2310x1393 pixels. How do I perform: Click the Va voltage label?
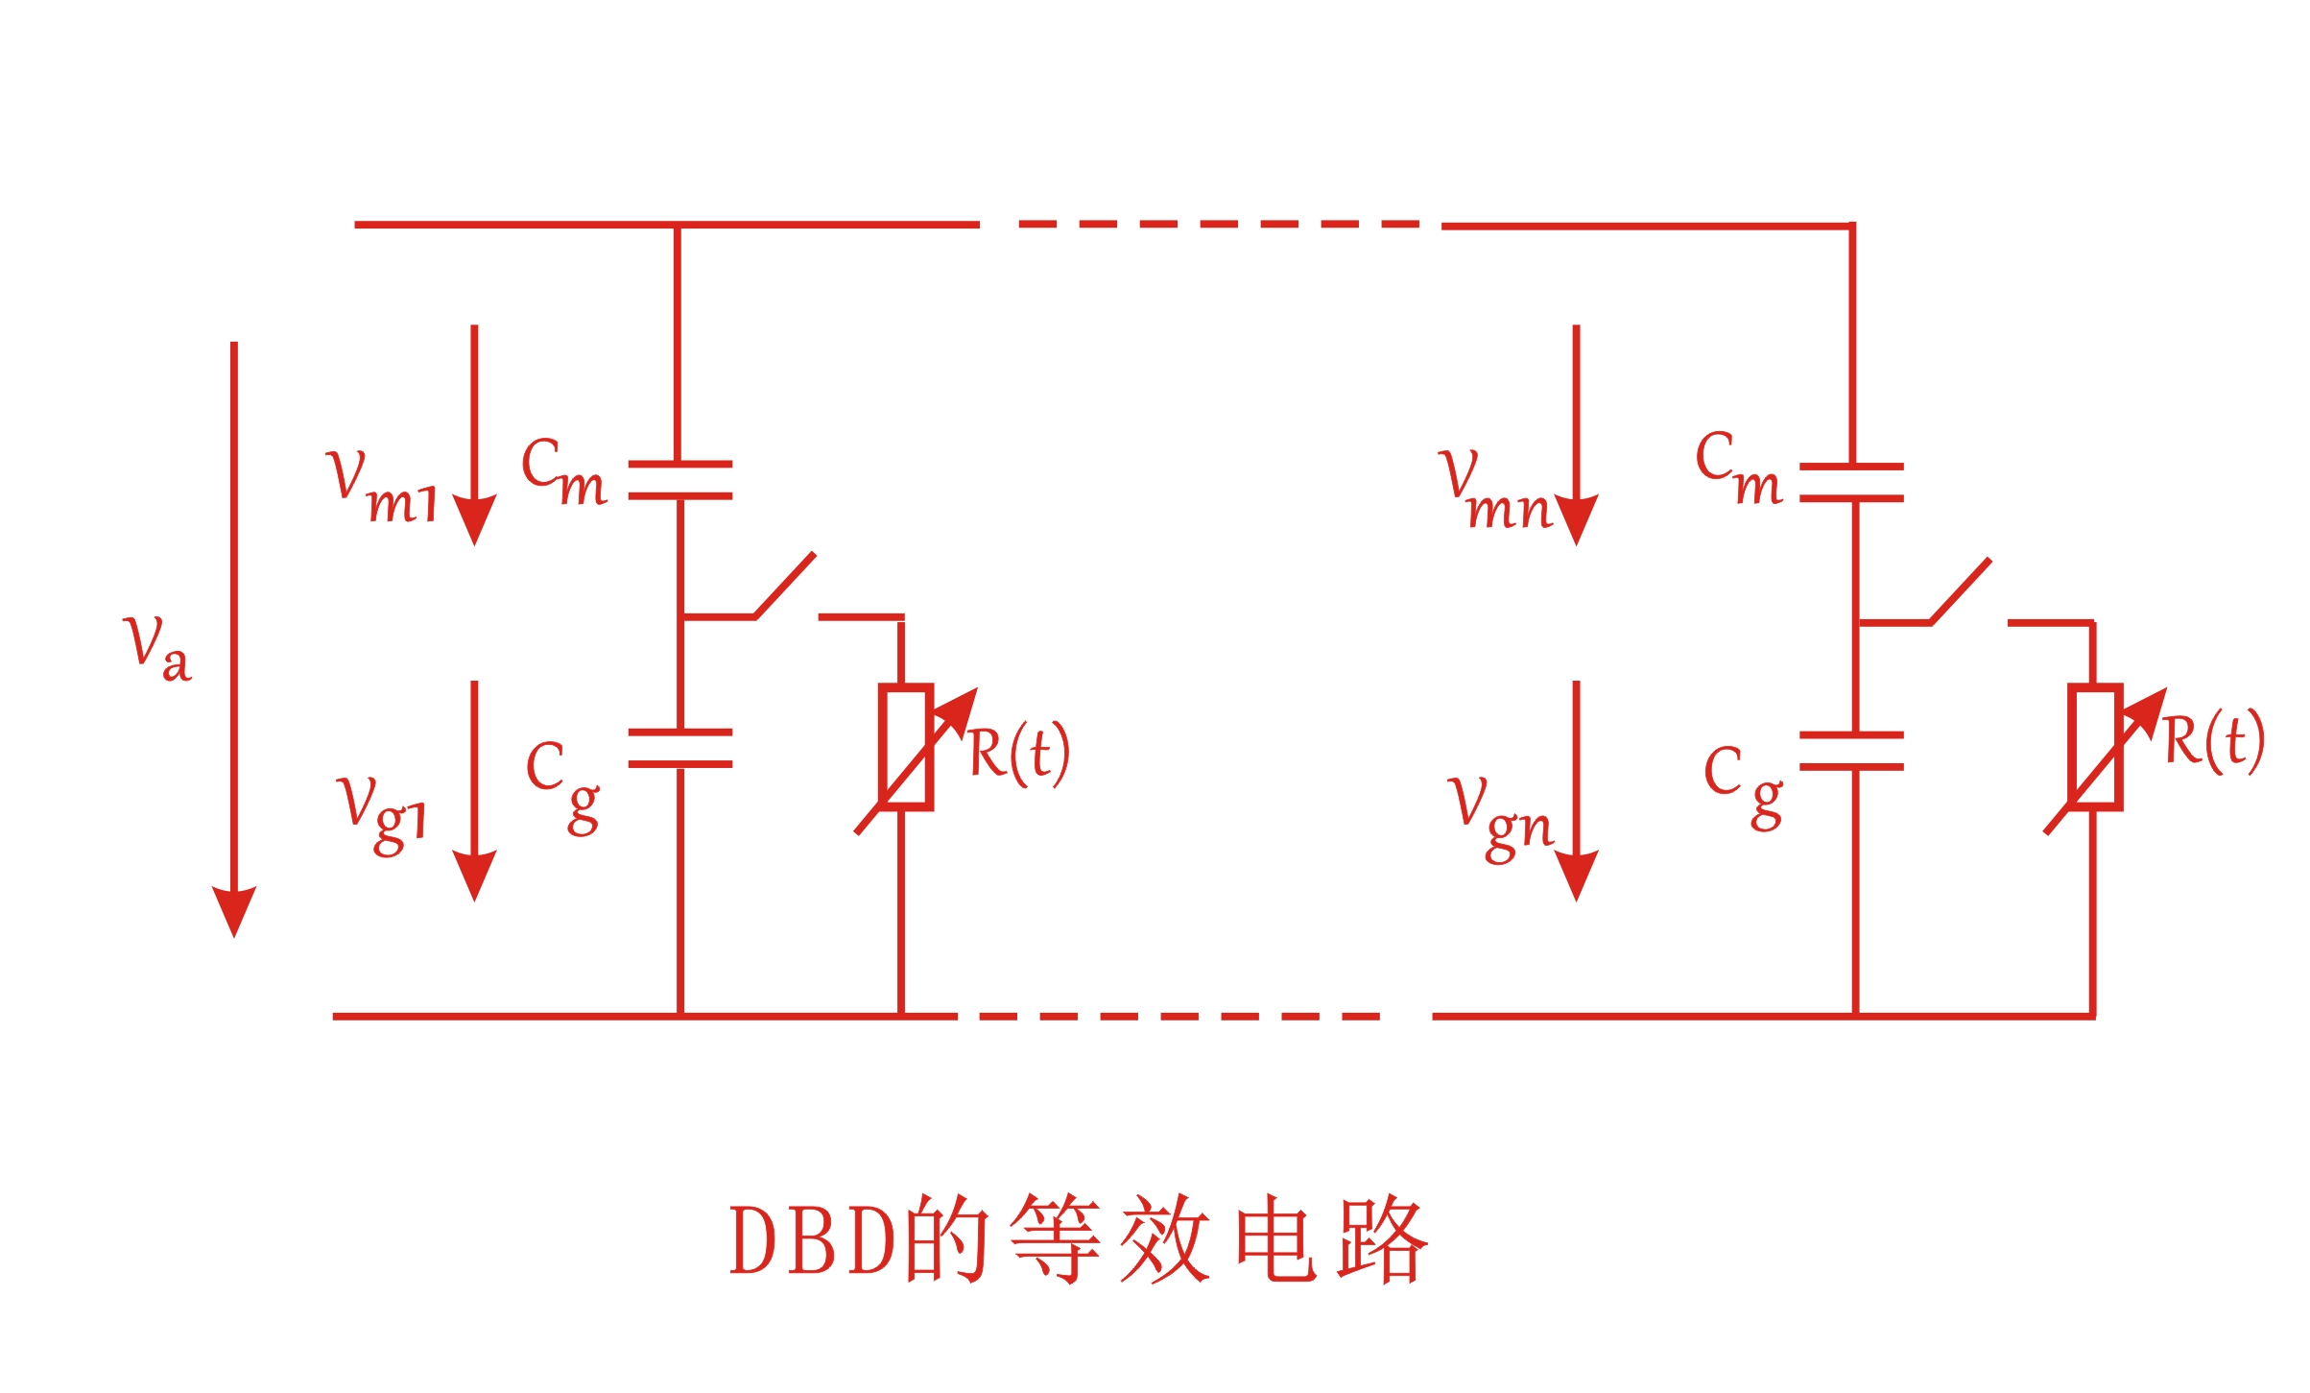coord(157,650)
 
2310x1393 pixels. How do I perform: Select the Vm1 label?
coord(381,487)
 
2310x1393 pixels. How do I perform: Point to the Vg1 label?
coord(381,813)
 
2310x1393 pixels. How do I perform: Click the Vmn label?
coord(1495,492)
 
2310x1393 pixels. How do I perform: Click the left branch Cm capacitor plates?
coord(679,480)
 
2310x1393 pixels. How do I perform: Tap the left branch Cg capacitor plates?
coord(679,748)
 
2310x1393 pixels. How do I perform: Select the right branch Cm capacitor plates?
coord(1851,483)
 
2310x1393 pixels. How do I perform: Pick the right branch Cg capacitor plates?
coord(1851,751)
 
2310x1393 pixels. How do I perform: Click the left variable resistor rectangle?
coord(905,747)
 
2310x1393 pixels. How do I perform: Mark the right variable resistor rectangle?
coord(2094,747)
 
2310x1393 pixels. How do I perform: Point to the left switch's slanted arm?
coord(785,585)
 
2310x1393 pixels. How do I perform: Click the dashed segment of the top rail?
coord(1209,224)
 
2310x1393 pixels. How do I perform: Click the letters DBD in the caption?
coord(812,1240)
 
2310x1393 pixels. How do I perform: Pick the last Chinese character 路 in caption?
coord(1383,1240)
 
